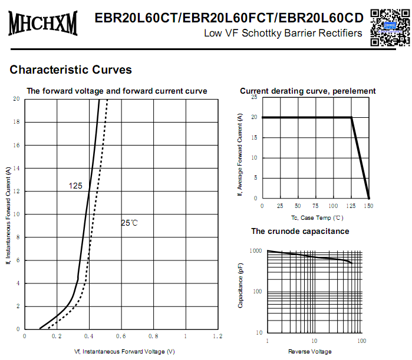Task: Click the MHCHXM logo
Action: coord(42,24)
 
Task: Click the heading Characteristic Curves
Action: coord(71,70)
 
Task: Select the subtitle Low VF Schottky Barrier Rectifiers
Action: coord(283,33)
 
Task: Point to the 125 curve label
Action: coord(75,186)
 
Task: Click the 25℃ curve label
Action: coord(129,223)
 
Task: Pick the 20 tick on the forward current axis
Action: coord(17,100)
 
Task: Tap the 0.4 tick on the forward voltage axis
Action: coord(90,336)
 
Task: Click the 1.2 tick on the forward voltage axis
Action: coord(217,336)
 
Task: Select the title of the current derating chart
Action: coord(308,91)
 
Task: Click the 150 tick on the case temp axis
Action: coord(369,206)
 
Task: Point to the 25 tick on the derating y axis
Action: coord(254,97)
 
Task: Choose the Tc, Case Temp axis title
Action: coord(316,217)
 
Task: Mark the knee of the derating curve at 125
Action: coord(351,117)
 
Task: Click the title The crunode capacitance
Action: coord(300,232)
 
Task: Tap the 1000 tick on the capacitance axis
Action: coord(255,251)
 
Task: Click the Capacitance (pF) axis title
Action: coord(240,286)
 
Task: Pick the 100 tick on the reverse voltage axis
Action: coord(361,341)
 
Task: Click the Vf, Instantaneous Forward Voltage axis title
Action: coord(124,352)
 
